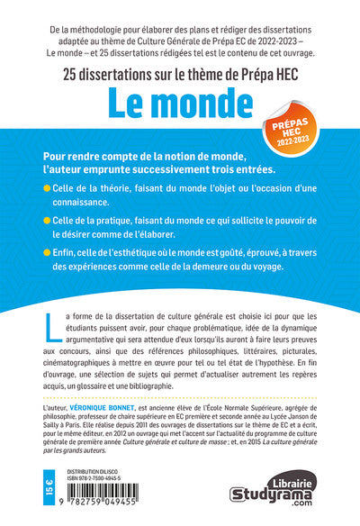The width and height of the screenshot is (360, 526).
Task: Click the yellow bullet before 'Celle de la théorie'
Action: click(x=47, y=186)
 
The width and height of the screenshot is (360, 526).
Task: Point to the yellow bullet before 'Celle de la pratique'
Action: click(x=47, y=219)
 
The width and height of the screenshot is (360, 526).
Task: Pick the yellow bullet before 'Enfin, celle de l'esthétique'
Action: click(x=47, y=253)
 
